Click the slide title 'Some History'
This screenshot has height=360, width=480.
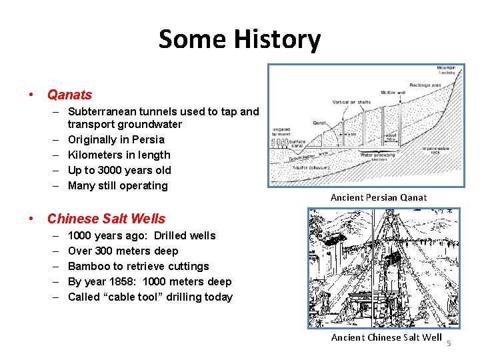point(239,39)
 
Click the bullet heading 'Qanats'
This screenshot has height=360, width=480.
point(69,95)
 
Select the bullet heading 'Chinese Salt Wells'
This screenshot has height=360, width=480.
point(106,218)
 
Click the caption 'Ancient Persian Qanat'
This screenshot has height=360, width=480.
point(379,197)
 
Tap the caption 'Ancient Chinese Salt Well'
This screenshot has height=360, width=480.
point(386,337)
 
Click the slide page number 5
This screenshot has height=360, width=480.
point(449,343)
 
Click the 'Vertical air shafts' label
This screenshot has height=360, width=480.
point(352,102)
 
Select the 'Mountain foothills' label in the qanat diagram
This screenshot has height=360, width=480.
point(446,71)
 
